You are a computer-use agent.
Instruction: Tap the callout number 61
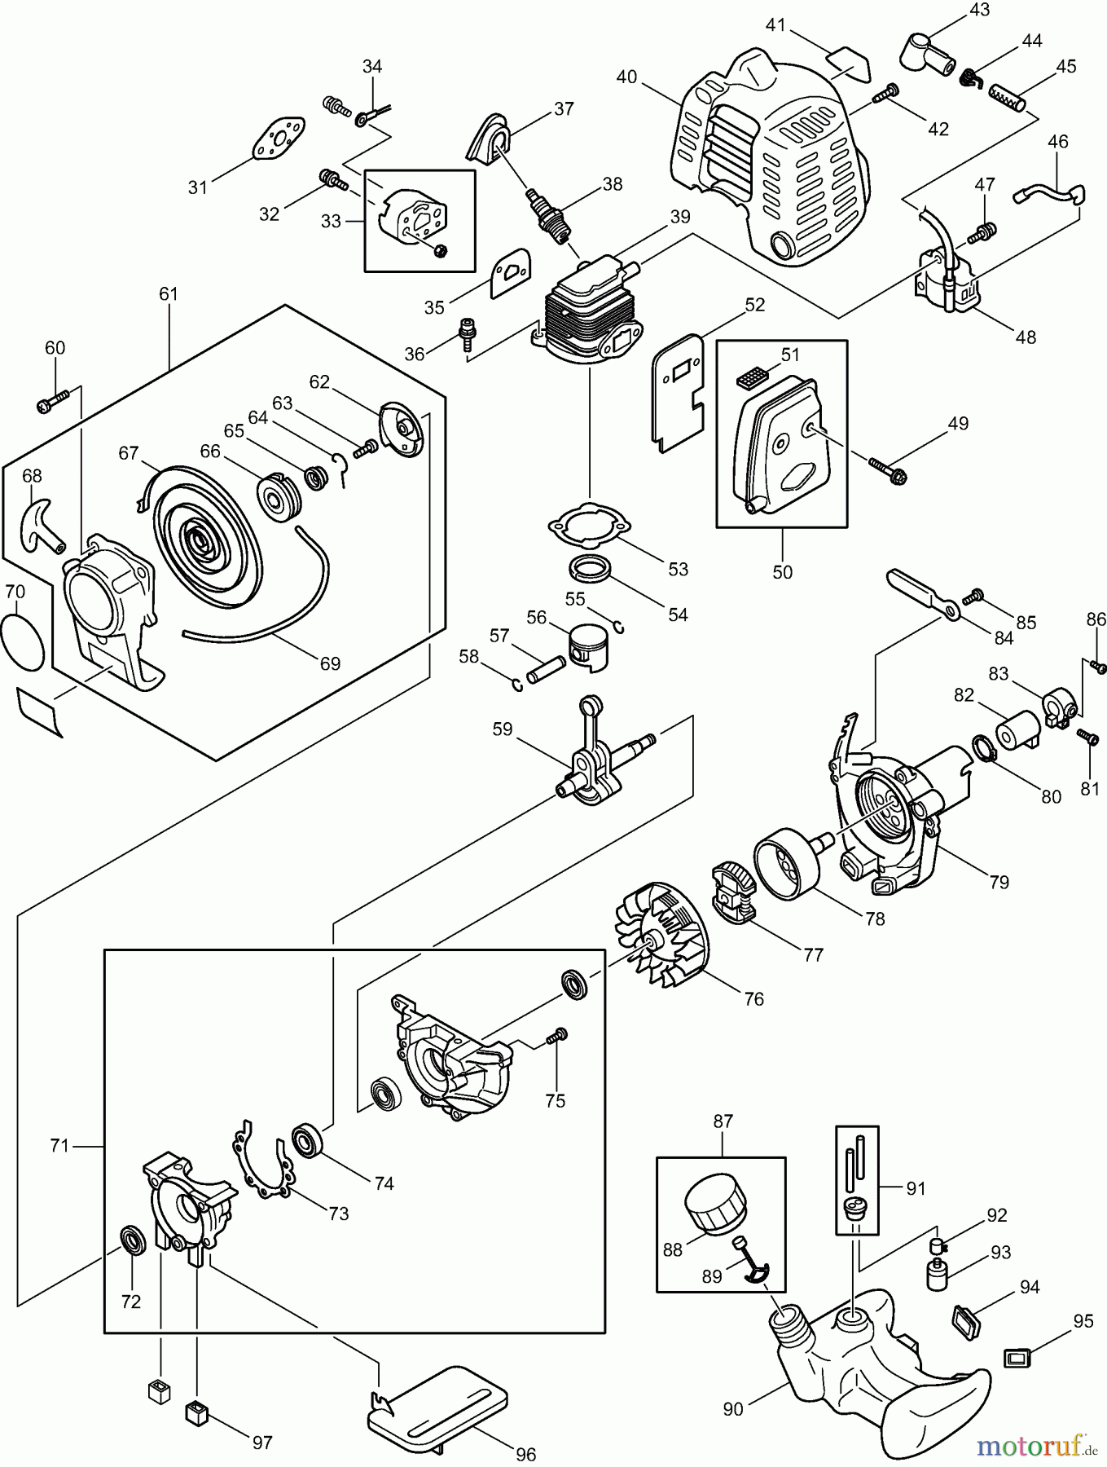(168, 294)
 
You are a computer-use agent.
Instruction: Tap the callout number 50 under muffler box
(782, 572)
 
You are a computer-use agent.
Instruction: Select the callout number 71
(59, 1146)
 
